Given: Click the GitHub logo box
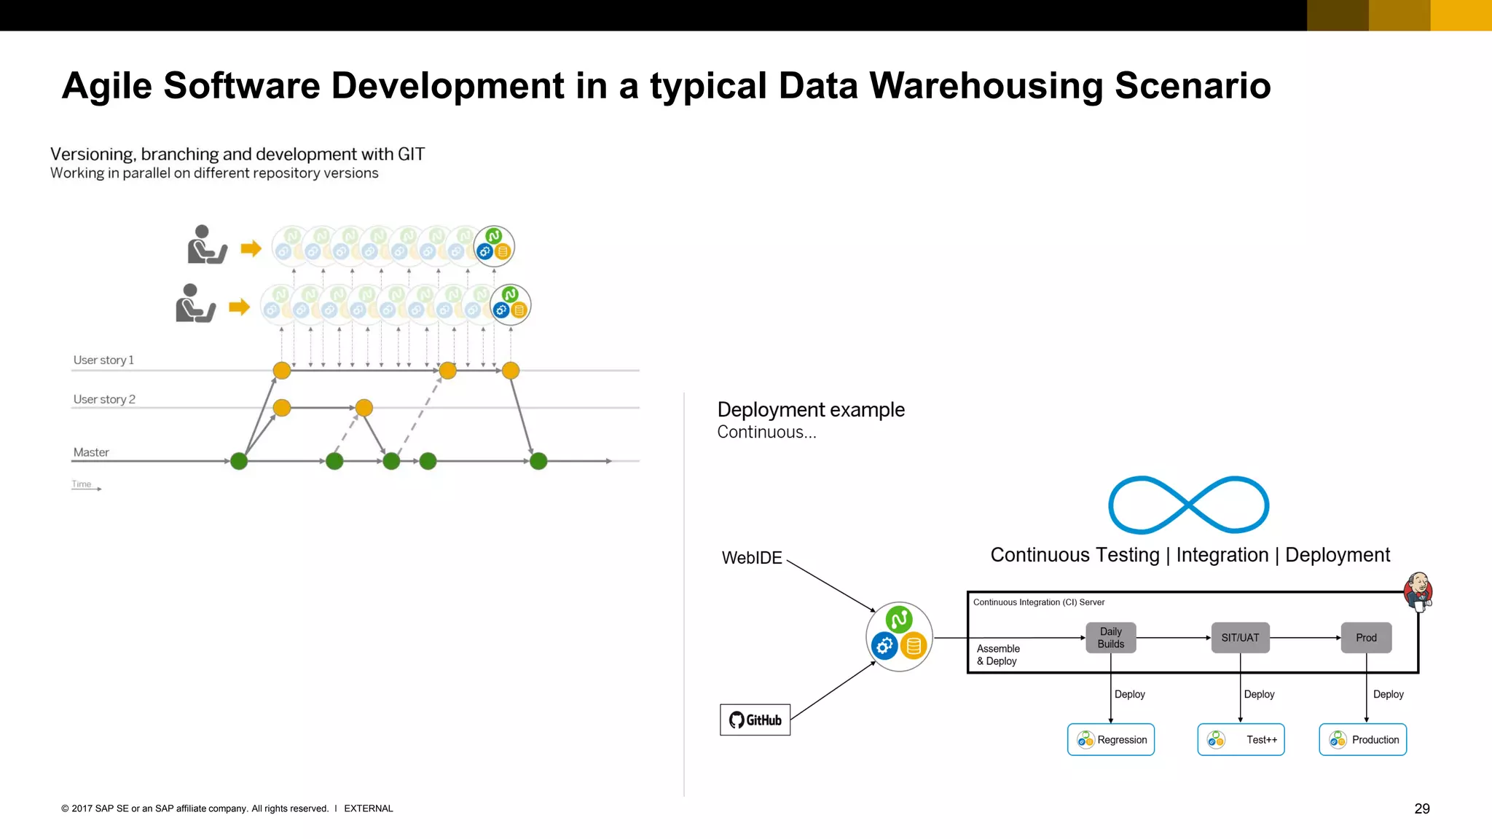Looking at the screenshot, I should [755, 720].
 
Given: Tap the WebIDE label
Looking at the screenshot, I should [751, 558].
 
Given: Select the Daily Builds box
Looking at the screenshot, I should [1110, 637].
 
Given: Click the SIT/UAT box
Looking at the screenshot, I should [1240, 637].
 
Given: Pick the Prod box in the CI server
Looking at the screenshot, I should [1366, 637].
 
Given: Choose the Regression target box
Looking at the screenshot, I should [1110, 739].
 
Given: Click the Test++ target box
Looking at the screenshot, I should [1241, 739].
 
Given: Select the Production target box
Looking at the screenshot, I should [1362, 739].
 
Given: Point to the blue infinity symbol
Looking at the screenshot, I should [1188, 505].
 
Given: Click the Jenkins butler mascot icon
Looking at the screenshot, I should [1418, 591].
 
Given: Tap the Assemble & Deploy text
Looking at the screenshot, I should [997, 655].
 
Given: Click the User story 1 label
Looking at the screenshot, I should [103, 360].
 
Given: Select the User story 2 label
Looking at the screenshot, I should [104, 399].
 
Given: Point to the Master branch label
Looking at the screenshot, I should [91, 452].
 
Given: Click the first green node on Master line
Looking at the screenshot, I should [239, 461].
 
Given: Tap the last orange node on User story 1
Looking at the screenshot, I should [511, 371].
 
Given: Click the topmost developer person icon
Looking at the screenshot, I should [206, 245].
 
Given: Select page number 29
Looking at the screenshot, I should [1421, 808].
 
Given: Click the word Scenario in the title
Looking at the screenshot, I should [1193, 86].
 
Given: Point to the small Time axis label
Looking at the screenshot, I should [82, 484].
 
